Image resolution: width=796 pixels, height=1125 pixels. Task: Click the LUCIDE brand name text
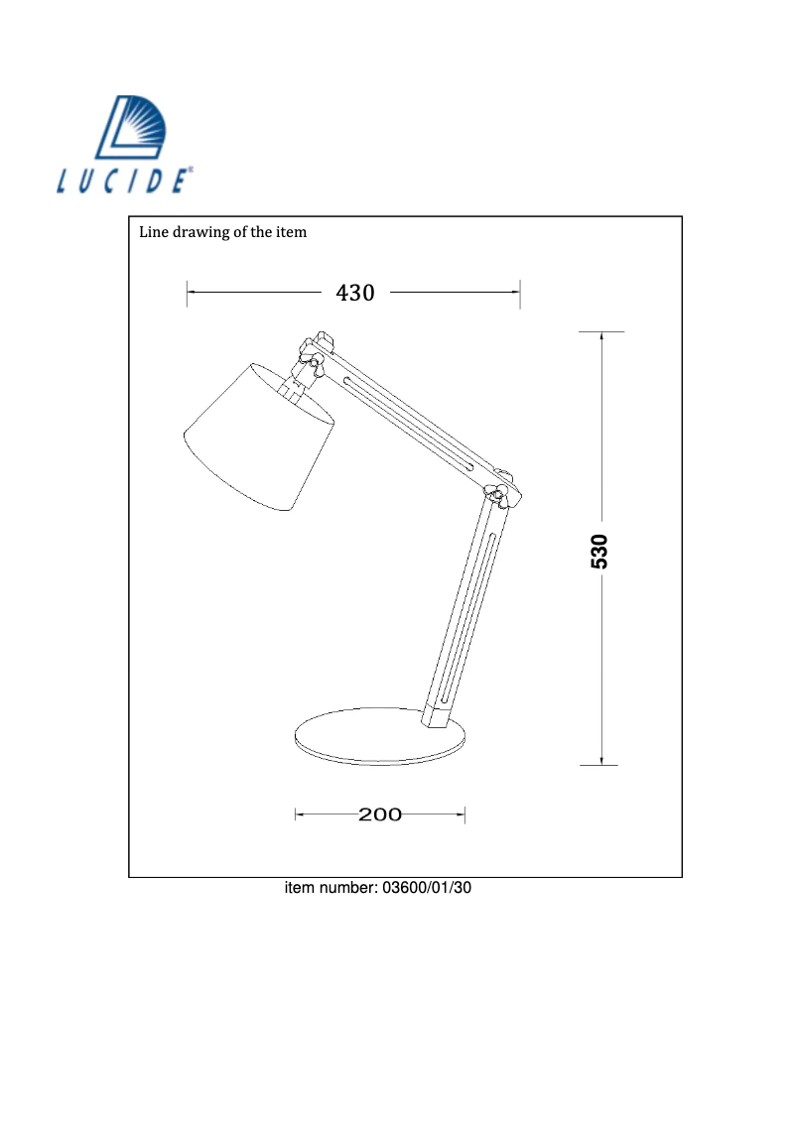click(123, 182)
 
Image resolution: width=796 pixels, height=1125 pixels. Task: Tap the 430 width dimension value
click(355, 293)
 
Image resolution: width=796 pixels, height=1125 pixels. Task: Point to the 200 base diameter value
click(380, 814)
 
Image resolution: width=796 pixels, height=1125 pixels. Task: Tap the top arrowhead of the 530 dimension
click(601, 334)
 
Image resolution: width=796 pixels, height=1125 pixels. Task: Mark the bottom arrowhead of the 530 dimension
click(601, 761)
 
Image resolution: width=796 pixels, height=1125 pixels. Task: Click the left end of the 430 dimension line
click(189, 292)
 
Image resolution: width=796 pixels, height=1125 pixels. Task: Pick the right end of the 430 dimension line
click(519, 292)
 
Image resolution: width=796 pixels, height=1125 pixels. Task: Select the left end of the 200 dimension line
click(297, 814)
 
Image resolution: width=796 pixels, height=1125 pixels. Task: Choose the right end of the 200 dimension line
click(464, 814)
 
